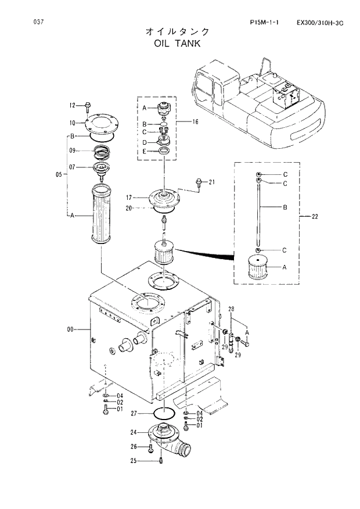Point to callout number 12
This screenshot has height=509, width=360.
(x=73, y=106)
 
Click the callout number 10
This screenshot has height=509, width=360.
(x=73, y=123)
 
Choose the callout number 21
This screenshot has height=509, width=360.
(x=212, y=182)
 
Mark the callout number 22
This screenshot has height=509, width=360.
(x=315, y=217)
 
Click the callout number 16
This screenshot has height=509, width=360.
(x=195, y=122)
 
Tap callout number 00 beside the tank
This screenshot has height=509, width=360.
(x=71, y=329)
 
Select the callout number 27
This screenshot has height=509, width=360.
(x=133, y=414)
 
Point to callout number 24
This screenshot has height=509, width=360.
(x=133, y=432)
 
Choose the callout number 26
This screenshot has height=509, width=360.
(x=133, y=447)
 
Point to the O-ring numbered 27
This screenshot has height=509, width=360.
(x=164, y=414)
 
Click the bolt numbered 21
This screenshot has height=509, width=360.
(x=199, y=182)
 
